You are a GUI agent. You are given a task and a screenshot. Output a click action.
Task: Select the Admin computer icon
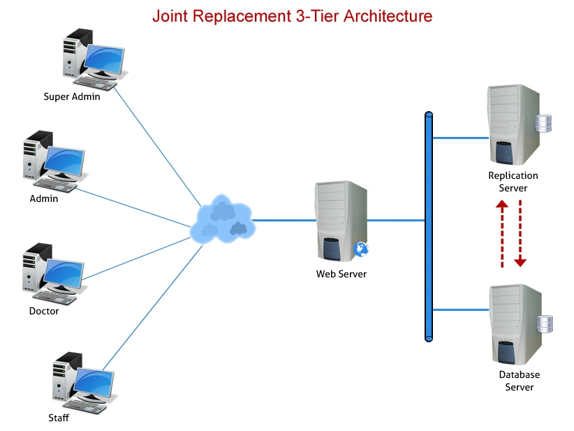click(54, 162)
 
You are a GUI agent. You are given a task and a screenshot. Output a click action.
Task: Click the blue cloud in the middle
click(221, 219)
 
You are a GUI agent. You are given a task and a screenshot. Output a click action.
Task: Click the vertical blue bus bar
click(429, 226)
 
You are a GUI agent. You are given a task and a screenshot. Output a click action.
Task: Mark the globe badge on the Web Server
click(361, 249)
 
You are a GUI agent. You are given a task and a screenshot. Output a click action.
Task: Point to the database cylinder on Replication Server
click(543, 124)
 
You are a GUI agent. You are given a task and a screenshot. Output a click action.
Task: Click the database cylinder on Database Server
click(545, 325)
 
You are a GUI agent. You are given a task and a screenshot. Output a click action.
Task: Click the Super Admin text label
click(72, 97)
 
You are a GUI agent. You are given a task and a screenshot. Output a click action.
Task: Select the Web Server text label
click(341, 275)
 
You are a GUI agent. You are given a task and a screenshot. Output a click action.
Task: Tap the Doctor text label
click(44, 311)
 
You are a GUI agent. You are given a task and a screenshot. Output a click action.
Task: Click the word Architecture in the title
click(384, 15)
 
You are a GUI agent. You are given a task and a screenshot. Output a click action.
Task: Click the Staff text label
click(59, 418)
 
